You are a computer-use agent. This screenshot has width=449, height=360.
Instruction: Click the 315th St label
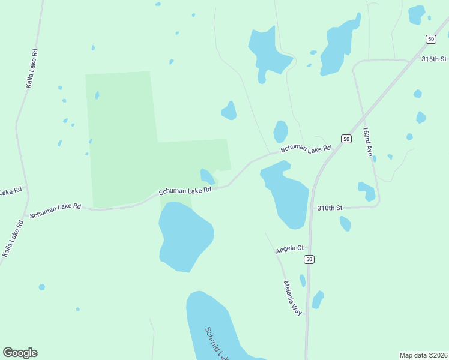(434, 59)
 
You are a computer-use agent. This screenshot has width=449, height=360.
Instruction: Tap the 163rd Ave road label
(369, 142)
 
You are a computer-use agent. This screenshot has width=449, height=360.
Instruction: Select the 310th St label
(330, 208)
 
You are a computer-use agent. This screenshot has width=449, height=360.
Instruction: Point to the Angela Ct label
(291, 248)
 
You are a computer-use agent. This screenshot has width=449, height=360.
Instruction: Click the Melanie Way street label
(293, 298)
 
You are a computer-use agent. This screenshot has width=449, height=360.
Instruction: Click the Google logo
(20, 353)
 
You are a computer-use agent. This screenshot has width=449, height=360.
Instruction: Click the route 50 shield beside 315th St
(430, 39)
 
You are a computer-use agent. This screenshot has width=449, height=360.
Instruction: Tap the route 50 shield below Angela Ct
(309, 259)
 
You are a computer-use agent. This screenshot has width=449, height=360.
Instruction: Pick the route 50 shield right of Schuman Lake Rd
(346, 139)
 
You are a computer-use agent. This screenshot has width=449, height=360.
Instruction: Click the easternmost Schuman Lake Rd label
(306, 148)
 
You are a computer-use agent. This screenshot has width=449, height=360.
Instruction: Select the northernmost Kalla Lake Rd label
(32, 68)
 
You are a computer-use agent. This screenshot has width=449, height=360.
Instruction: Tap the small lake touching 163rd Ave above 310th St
(367, 191)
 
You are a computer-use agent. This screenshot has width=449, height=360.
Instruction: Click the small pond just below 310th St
(345, 224)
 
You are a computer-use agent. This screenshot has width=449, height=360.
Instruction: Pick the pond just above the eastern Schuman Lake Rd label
(280, 131)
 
